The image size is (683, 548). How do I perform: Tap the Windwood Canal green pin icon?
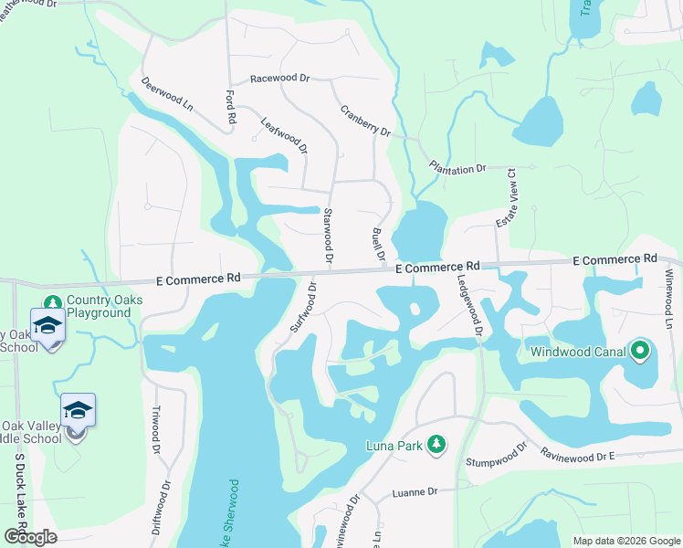click(639, 351)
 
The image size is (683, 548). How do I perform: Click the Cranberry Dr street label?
click(365, 121)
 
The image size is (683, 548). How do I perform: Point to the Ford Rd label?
click(230, 107)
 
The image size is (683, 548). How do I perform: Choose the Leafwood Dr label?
click(284, 135)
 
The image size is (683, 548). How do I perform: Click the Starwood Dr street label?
click(327, 237)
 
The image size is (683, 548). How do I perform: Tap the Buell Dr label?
click(379, 245)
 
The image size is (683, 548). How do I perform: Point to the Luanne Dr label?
click(415, 491)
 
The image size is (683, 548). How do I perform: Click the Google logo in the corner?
click(30, 537)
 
